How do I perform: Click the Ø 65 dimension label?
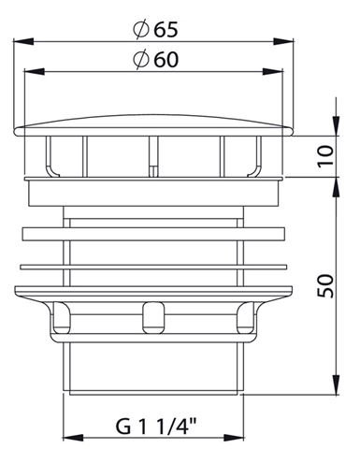click(155, 30)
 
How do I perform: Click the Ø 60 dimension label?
click(155, 59)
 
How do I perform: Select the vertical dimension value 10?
click(325, 156)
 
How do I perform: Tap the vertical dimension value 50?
click(325, 286)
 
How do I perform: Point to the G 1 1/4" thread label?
click(156, 427)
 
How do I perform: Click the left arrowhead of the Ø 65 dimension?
click(23, 41)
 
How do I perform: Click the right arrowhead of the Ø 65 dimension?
click(283, 41)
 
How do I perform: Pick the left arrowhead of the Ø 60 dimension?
click(35, 72)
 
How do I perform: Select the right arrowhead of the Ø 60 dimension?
click(273, 72)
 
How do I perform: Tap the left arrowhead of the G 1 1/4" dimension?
click(73, 438)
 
